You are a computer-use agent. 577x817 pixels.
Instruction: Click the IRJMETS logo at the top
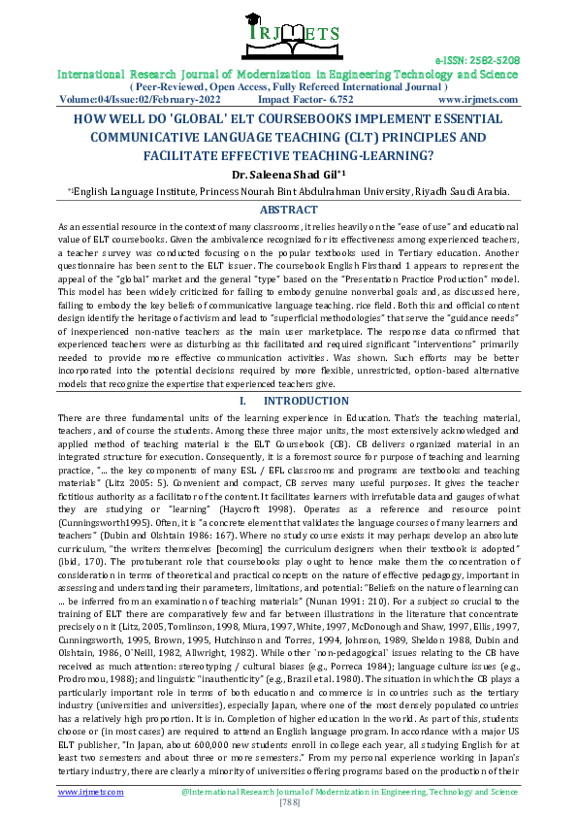point(287,35)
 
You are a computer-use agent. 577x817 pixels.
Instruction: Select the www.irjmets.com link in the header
point(477,99)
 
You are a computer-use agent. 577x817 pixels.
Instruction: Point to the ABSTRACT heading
point(288,210)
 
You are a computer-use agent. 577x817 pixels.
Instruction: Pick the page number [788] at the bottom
point(288,802)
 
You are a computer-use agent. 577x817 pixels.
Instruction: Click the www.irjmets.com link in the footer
point(90,792)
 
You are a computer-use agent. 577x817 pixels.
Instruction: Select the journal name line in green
point(288,74)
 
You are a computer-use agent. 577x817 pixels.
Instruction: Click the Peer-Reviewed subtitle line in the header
point(288,86)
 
